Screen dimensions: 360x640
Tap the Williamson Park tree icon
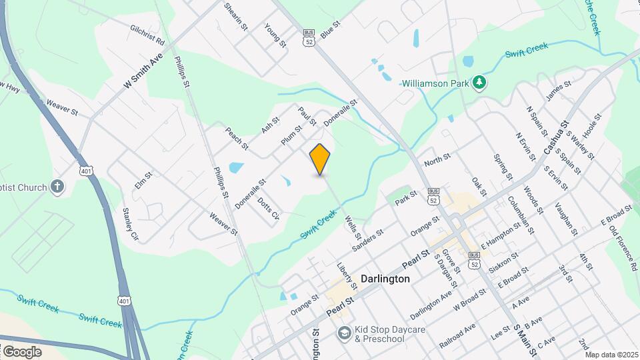point(479,83)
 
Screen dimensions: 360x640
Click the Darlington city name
point(385,279)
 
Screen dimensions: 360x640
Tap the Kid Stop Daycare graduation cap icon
point(344,332)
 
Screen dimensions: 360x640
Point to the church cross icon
point(58,187)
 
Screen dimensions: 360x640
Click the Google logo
point(22,351)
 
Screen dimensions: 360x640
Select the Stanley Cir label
point(130,223)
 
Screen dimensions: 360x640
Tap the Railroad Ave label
point(457,336)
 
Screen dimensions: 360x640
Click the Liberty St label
point(347,275)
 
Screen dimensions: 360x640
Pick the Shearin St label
point(236,17)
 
